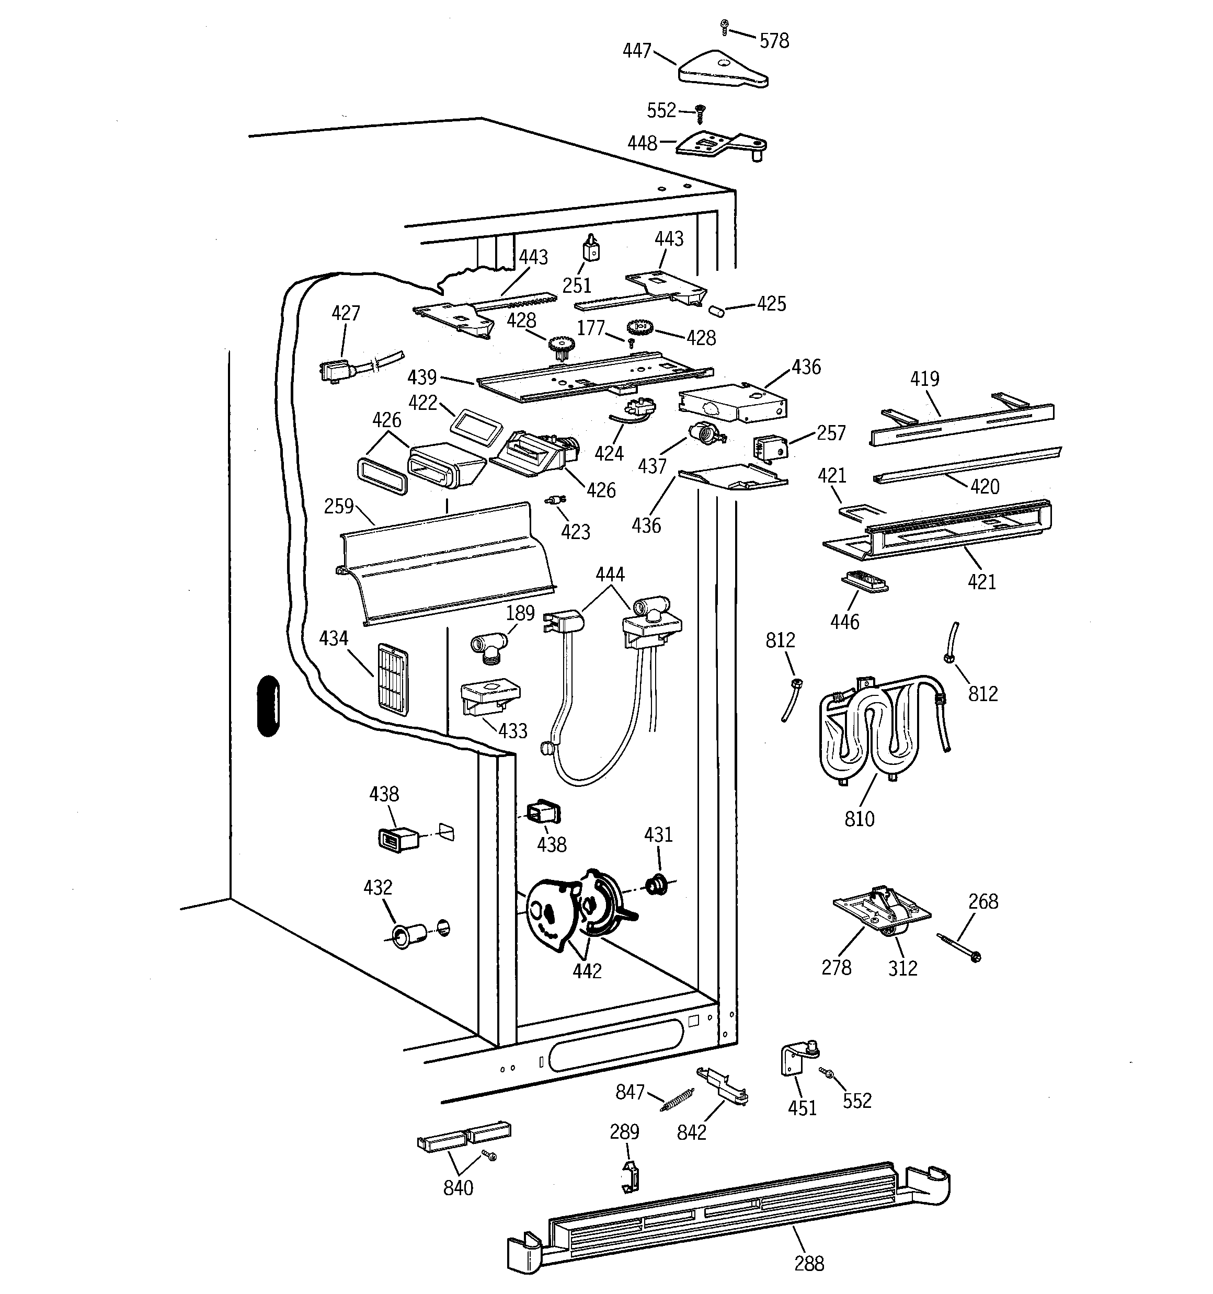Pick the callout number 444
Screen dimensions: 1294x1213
(610, 574)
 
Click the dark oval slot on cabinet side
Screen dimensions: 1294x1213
(268, 706)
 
